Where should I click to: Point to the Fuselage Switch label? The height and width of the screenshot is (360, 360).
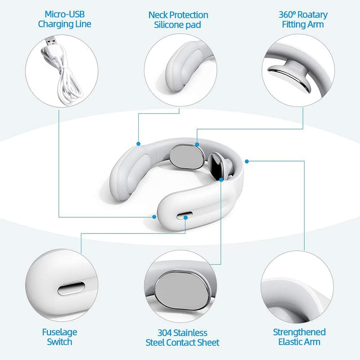[59, 337]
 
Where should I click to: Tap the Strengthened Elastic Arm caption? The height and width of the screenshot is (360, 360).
[299, 337]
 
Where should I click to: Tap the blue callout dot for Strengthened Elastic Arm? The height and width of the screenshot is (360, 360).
[247, 160]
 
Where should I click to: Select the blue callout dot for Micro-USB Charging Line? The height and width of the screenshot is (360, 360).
[154, 217]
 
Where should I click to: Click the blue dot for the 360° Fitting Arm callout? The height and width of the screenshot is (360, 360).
[197, 144]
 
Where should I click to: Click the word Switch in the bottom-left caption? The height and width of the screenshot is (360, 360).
[59, 342]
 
